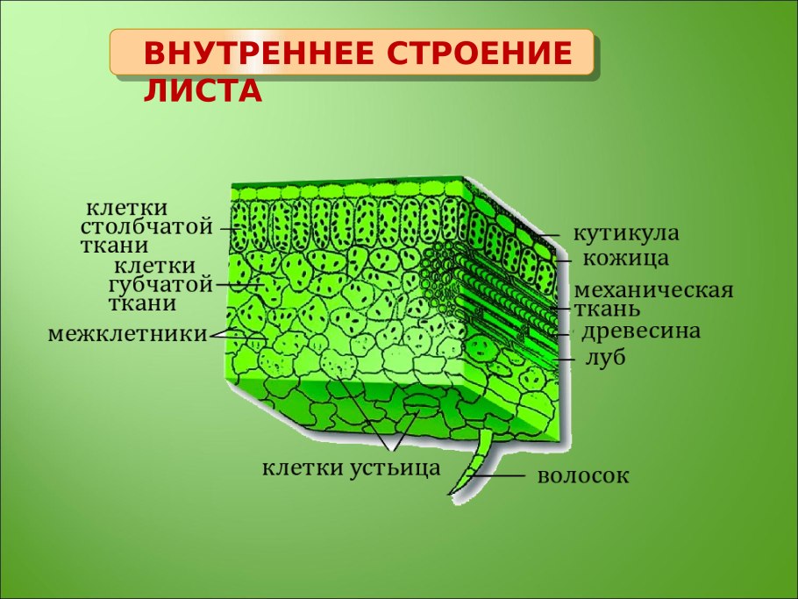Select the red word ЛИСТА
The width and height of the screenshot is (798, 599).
pos(203,91)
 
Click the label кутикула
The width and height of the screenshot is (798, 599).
pos(626,234)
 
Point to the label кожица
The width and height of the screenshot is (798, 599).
pos(626,259)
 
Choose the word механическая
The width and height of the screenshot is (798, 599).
pos(653,290)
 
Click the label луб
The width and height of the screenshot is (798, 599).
pos(605,358)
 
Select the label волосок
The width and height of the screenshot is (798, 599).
pos(583,476)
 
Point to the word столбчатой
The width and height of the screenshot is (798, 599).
pos(146,227)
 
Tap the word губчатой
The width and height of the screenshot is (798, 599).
pos(160,284)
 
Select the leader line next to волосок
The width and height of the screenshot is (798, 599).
pos(504,476)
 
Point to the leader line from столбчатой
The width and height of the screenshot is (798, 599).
pos(232,228)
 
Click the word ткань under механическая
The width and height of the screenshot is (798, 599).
pos(607,310)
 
